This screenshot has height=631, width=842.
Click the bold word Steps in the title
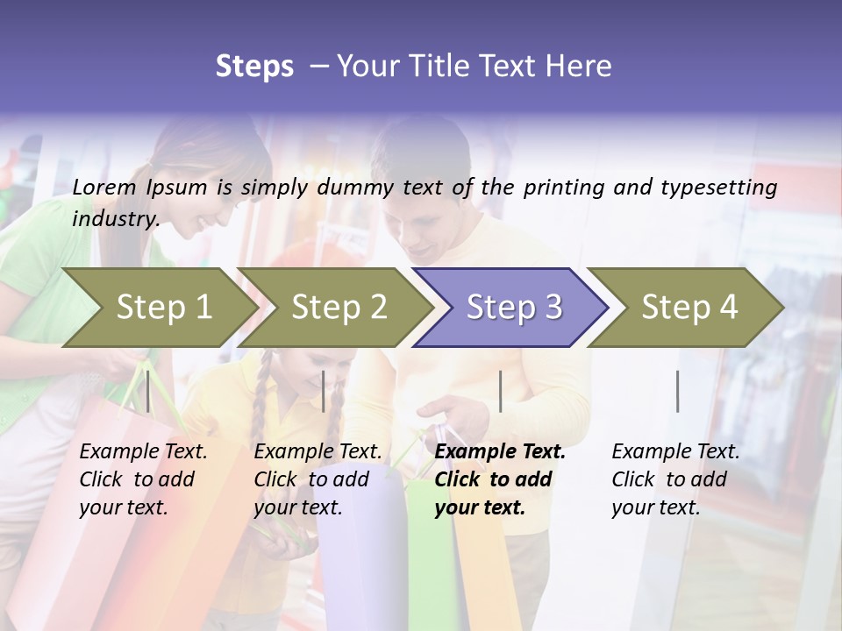click(x=254, y=67)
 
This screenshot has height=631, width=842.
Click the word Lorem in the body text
click(x=104, y=187)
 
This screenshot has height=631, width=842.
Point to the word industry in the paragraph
click(x=115, y=218)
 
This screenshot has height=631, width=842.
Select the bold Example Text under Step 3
click(x=500, y=452)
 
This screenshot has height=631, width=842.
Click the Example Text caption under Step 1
click(x=143, y=452)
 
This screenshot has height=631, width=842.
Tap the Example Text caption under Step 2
click(x=318, y=452)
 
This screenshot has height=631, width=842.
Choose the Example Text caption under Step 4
click(x=675, y=452)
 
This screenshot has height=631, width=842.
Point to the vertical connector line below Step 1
click(x=148, y=391)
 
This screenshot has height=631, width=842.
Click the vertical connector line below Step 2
click(x=324, y=391)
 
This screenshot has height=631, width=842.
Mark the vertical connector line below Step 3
click(x=500, y=391)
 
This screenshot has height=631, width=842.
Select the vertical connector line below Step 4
click(x=677, y=391)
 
